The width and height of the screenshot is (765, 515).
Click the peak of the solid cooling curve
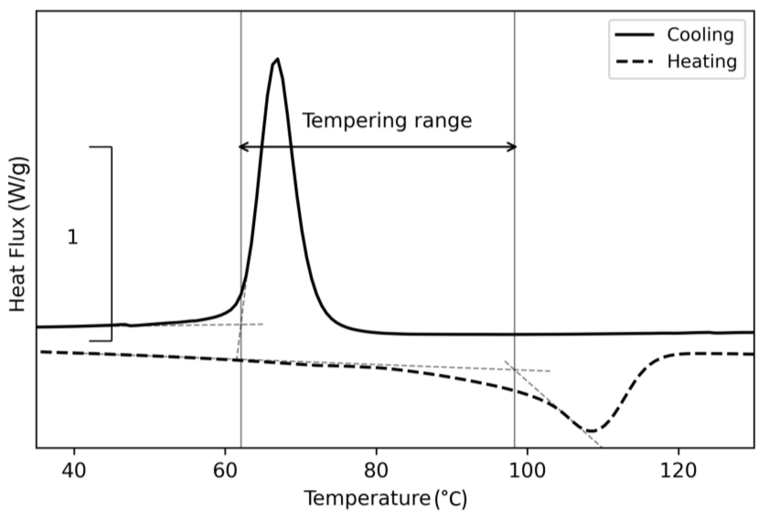coord(278,59)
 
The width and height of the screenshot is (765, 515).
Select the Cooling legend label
coord(700,35)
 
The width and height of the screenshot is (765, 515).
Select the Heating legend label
coord(702,62)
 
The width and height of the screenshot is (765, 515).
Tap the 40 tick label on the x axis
coord(74,471)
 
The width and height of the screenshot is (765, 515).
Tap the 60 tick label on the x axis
coord(225,471)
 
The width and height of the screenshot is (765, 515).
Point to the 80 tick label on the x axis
coord(376,471)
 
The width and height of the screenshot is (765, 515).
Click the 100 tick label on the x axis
coord(527,471)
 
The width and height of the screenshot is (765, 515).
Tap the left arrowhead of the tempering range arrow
coord(241,147)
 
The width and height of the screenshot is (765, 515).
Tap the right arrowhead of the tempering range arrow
coord(514,147)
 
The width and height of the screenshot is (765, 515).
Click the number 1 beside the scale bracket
coord(73,237)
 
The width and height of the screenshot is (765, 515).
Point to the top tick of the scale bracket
coord(100,147)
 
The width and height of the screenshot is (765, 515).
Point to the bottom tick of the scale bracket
coord(100,340)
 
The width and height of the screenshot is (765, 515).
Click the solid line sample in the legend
coord(634,35)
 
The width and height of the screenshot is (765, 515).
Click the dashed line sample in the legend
coord(634,62)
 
